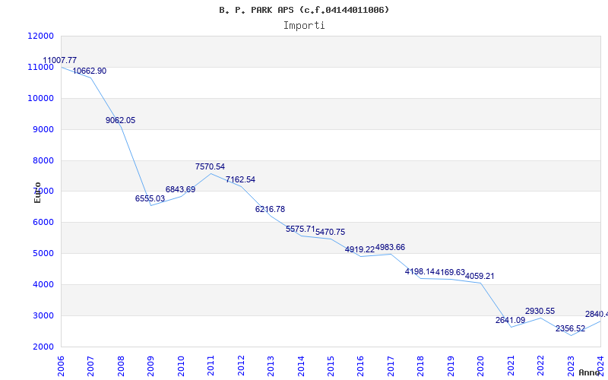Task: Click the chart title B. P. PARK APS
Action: pyautogui.click(x=303, y=10)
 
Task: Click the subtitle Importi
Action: pyautogui.click(x=304, y=25)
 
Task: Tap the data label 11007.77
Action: pyautogui.click(x=59, y=60)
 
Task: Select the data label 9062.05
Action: pyautogui.click(x=120, y=120)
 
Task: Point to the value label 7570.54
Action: pyautogui.click(x=210, y=166)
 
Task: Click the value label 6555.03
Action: pyautogui.click(x=150, y=198)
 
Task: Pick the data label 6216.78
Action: pyautogui.click(x=270, y=209)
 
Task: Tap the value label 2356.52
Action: pyautogui.click(x=570, y=328)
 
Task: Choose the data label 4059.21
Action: pyautogui.click(x=480, y=276)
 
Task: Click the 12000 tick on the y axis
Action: pyautogui.click(x=40, y=36)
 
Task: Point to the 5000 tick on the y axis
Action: pyautogui.click(x=43, y=253)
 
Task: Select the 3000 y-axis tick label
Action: pyautogui.click(x=43, y=315)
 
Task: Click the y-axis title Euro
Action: pyautogui.click(x=37, y=192)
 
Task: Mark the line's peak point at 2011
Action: pyautogui.click(x=211, y=173)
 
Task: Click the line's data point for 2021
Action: pyautogui.click(x=511, y=327)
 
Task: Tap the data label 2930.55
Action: pyautogui.click(x=540, y=311)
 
